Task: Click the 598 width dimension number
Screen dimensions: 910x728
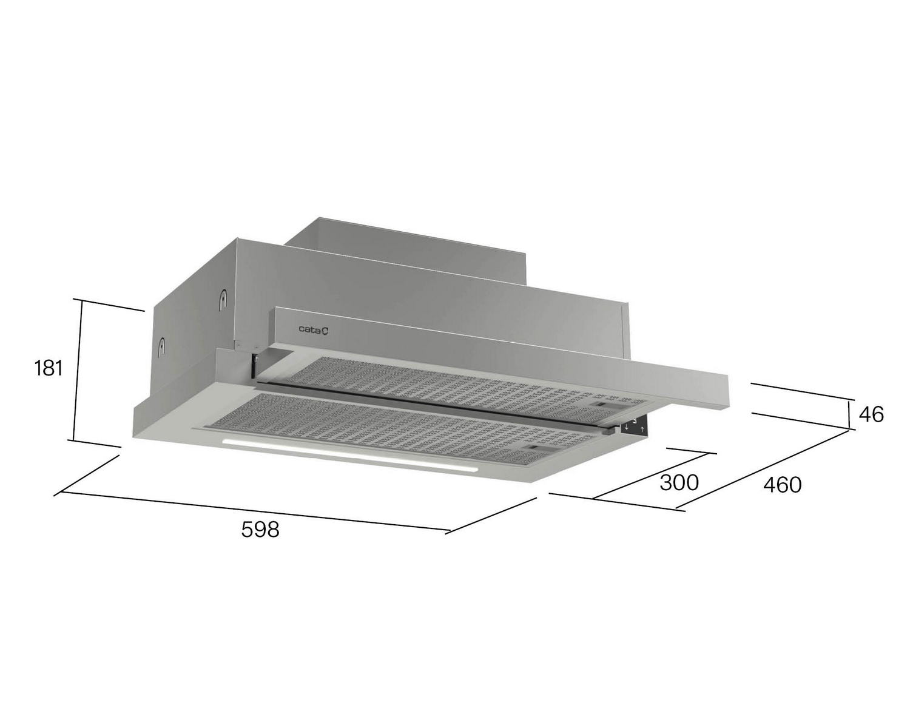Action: coord(260,529)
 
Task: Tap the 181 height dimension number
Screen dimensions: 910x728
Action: coord(49,368)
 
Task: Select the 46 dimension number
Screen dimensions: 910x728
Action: coord(871,414)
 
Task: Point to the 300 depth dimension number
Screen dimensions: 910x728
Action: coord(679,483)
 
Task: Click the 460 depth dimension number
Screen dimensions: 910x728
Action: coord(782,485)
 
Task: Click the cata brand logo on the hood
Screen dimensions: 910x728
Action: coord(313,329)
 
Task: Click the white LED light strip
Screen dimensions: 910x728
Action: coord(349,455)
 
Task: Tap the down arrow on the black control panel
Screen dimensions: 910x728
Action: coord(626,428)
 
